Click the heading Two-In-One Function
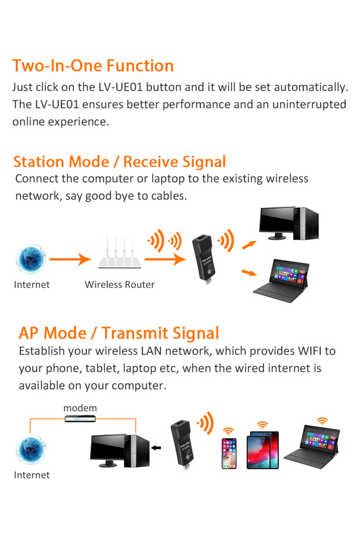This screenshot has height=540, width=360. [x=93, y=66]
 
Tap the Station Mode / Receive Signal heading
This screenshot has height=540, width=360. [x=119, y=161]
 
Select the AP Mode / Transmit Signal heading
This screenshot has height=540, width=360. [x=119, y=333]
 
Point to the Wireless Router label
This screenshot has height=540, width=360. [x=120, y=285]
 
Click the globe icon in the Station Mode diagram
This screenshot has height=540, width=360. [x=30, y=259]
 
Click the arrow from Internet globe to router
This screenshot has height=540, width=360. [x=70, y=260]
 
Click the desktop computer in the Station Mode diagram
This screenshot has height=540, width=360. [x=288, y=227]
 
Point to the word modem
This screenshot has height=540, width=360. [x=80, y=408]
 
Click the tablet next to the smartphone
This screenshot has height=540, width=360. [x=262, y=450]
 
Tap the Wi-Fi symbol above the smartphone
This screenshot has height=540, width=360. [x=229, y=431]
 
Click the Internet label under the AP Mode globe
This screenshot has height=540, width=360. [x=31, y=475]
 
